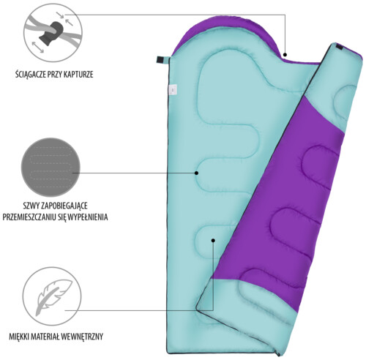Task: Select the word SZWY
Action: coord(31,206)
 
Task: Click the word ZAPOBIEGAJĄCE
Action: coord(64,206)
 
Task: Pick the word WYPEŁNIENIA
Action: coord(87,217)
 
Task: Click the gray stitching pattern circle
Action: coord(51,168)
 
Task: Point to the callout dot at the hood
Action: coord(285,55)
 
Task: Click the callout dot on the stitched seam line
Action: coord(196,173)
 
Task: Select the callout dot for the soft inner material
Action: coord(213,241)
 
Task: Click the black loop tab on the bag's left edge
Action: coord(160,59)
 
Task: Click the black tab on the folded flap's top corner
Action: coord(340,47)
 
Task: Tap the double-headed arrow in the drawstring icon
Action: coord(38,47)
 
